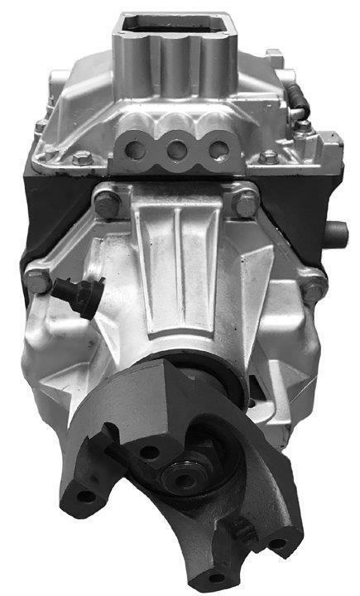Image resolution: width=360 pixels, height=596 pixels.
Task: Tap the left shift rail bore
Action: pyautogui.click(x=133, y=151)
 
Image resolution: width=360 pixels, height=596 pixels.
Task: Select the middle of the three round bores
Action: pyautogui.click(x=175, y=151)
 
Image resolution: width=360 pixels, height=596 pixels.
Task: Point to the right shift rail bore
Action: pyautogui.click(x=218, y=151)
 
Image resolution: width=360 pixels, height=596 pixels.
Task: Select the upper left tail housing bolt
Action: pyautogui.click(x=105, y=199)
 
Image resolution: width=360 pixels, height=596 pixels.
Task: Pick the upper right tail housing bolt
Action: pyautogui.click(x=244, y=201)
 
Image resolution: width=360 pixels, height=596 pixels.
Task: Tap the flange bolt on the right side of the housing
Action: pyautogui.click(x=314, y=288)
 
